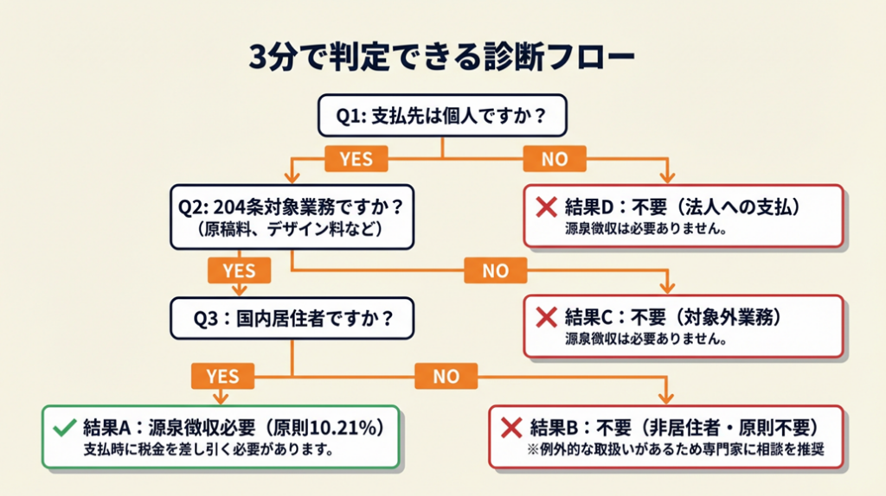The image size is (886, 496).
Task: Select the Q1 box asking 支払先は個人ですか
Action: point(443,116)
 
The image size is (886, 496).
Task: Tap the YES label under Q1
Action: point(356,159)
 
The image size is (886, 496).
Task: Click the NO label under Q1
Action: point(555,159)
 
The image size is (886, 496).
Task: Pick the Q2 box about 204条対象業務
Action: point(292,217)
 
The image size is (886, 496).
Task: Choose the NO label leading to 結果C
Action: point(495,270)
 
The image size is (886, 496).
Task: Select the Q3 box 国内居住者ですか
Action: point(292,318)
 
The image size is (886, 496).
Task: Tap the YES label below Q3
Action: point(222,375)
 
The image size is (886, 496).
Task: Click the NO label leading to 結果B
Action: point(446,375)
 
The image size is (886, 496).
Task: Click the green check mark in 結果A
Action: point(63,428)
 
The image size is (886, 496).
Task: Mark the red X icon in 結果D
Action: point(546,207)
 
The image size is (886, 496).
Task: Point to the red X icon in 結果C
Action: point(546,317)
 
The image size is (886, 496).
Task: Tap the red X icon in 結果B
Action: point(511,428)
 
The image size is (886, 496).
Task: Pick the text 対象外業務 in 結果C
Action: point(727,317)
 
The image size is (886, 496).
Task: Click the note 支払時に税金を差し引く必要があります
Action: point(208,450)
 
